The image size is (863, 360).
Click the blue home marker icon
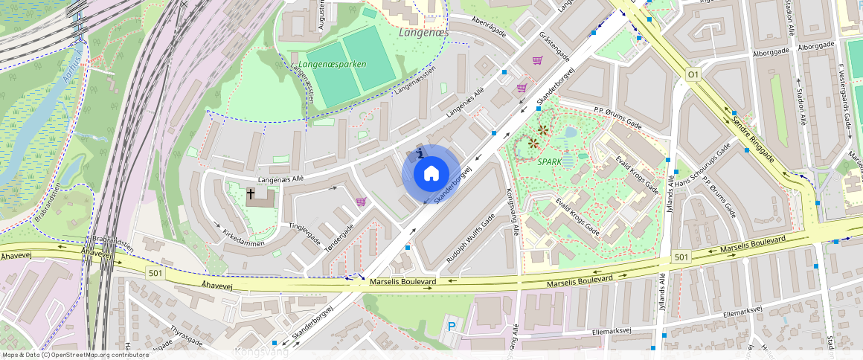click(431, 174)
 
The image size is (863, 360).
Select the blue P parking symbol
click(451, 327)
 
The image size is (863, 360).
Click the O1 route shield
click(693, 75)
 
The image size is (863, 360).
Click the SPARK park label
click(550, 161)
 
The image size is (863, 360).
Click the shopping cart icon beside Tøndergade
click(361, 202)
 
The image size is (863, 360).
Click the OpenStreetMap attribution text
click(75, 355)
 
